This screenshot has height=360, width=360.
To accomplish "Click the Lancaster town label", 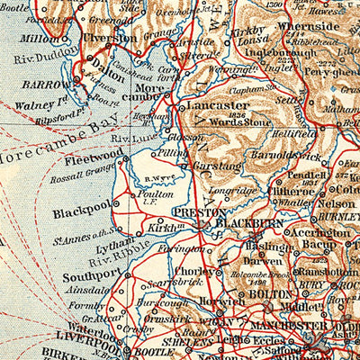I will click(219, 105).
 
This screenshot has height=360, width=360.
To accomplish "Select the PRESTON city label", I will click(194, 213).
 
